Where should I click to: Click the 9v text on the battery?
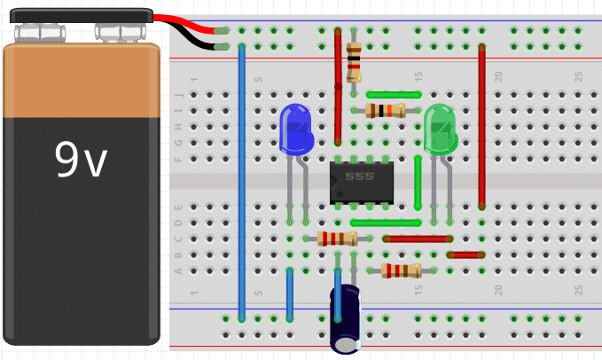point(81,160)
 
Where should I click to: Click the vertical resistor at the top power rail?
point(355,61)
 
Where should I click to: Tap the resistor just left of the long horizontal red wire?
point(338,238)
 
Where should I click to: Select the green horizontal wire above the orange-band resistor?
point(393,94)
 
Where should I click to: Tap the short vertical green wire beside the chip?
point(418,182)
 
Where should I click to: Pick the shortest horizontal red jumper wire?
point(465,254)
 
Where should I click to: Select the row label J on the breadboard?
point(180,94)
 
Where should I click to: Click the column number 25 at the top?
point(578,77)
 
